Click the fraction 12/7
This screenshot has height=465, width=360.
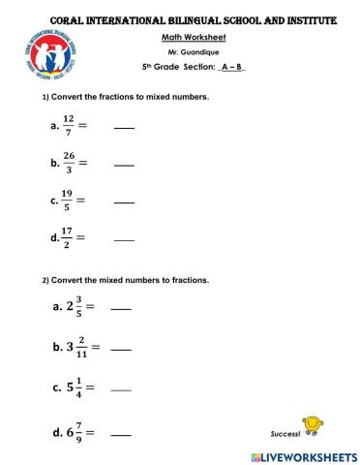pyautogui.click(x=68, y=127)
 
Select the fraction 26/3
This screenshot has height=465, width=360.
pyautogui.click(x=69, y=164)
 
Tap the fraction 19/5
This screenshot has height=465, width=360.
pyautogui.click(x=67, y=201)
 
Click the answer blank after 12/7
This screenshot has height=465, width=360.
pyautogui.click(x=124, y=129)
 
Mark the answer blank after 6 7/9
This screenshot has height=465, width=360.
pyautogui.click(x=121, y=436)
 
